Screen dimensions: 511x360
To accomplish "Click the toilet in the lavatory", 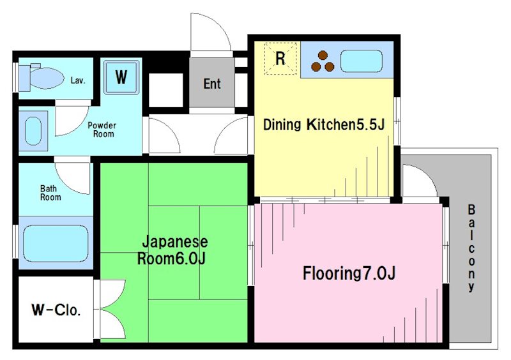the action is coord(42,77).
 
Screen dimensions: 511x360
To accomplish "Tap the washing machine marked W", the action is coord(121,77).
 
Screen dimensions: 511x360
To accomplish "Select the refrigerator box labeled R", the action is coord(280,59).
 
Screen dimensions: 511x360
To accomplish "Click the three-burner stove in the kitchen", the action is coord(323,61).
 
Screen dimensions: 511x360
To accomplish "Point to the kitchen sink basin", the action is coord(362,61).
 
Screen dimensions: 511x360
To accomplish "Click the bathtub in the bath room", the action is coord(56,243).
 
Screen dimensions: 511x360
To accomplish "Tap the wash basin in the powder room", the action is coord(33,131).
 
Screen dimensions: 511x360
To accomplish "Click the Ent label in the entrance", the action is coord(212,84).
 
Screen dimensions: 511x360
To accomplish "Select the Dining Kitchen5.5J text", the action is coord(324,124).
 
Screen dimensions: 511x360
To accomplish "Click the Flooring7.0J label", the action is coord(349,273).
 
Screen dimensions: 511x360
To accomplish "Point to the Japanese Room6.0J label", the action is coord(172,250).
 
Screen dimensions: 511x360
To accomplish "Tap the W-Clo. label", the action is coord(56,310).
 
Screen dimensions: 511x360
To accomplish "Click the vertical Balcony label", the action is coord(471,248).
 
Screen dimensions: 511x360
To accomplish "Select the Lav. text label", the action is coord(78,80).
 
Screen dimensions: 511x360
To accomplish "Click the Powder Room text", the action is coord(102,130).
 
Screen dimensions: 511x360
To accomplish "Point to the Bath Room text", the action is coord(50,193).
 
